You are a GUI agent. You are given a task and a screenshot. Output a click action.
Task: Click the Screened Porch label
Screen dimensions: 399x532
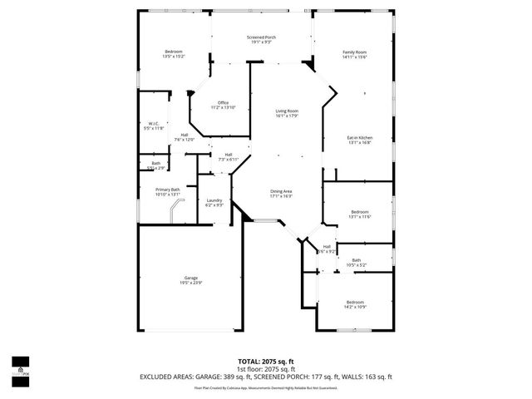point(262,38)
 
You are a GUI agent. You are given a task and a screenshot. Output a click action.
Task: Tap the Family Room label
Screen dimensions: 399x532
point(355,55)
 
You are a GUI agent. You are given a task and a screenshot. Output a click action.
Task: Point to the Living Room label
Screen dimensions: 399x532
point(287,114)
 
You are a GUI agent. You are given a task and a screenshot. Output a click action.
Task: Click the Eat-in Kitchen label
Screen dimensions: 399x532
point(359,140)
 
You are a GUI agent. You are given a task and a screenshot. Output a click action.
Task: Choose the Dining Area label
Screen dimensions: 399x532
point(281,194)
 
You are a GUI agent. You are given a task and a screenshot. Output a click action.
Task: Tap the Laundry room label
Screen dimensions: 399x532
point(214,202)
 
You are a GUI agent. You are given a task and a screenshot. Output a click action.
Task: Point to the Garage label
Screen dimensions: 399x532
point(190,280)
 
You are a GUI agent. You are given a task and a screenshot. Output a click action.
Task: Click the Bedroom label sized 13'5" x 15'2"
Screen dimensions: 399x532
point(174,54)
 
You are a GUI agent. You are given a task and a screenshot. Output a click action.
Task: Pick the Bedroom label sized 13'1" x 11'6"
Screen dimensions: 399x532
point(360,214)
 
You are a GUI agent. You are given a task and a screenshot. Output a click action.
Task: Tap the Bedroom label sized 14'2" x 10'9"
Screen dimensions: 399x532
point(355,304)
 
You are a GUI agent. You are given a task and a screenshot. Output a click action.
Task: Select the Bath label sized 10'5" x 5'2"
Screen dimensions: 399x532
point(356,263)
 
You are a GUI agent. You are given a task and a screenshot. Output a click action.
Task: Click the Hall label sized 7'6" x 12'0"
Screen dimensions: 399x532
point(184,137)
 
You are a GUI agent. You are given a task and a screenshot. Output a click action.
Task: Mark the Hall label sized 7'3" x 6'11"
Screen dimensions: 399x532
point(228,156)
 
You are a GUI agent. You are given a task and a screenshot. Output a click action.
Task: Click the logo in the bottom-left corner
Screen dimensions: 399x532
point(20,368)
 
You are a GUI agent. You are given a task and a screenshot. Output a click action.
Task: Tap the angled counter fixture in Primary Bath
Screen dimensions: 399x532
point(175,211)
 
